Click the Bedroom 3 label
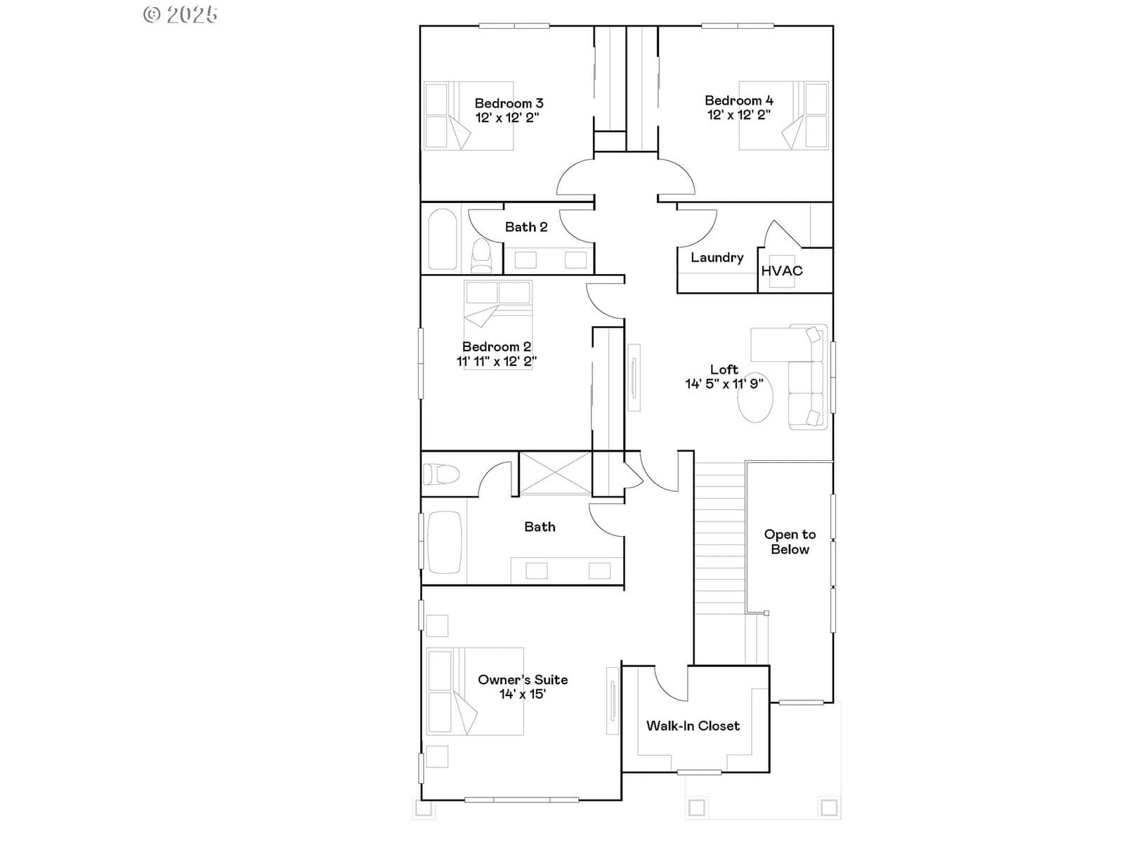(509, 103)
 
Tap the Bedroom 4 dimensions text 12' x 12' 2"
(738, 115)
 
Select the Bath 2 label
(526, 227)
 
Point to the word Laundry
(717, 257)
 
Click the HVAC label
(781, 270)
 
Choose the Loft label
(724, 369)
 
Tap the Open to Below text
(790, 542)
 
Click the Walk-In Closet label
(693, 726)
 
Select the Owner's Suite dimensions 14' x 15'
(523, 694)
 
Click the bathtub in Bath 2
(443, 239)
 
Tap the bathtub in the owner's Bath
(445, 542)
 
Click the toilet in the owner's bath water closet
(441, 474)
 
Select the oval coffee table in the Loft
(754, 398)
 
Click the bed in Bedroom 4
(783, 116)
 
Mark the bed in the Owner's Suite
(475, 691)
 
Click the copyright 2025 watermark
(181, 15)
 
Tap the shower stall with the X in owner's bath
(556, 473)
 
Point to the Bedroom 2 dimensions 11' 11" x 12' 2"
(497, 361)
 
